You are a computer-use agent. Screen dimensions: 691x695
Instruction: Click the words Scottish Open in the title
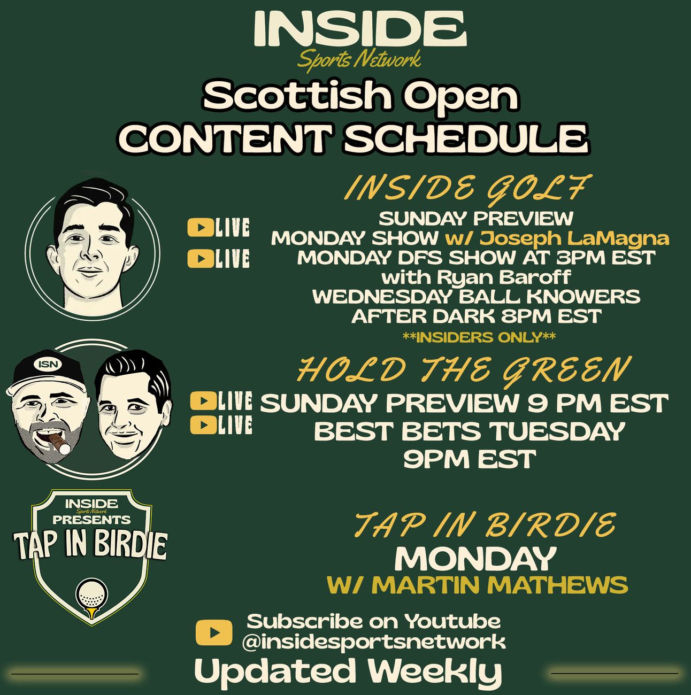pyautogui.click(x=360, y=96)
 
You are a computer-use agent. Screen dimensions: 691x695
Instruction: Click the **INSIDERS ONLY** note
pyautogui.click(x=479, y=337)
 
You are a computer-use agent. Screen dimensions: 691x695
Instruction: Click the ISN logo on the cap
pyautogui.click(x=48, y=364)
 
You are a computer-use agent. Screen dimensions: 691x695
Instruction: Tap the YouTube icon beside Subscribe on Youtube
pyautogui.click(x=214, y=632)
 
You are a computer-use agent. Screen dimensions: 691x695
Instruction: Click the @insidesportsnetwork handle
pyautogui.click(x=373, y=643)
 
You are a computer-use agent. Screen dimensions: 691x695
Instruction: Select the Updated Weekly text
pyautogui.click(x=348, y=671)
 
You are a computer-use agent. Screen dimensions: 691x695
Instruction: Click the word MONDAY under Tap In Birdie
pyautogui.click(x=475, y=559)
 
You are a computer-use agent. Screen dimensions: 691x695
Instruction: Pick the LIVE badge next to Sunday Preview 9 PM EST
pyautogui.click(x=221, y=401)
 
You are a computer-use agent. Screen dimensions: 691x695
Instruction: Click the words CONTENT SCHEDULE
pyautogui.click(x=354, y=138)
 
